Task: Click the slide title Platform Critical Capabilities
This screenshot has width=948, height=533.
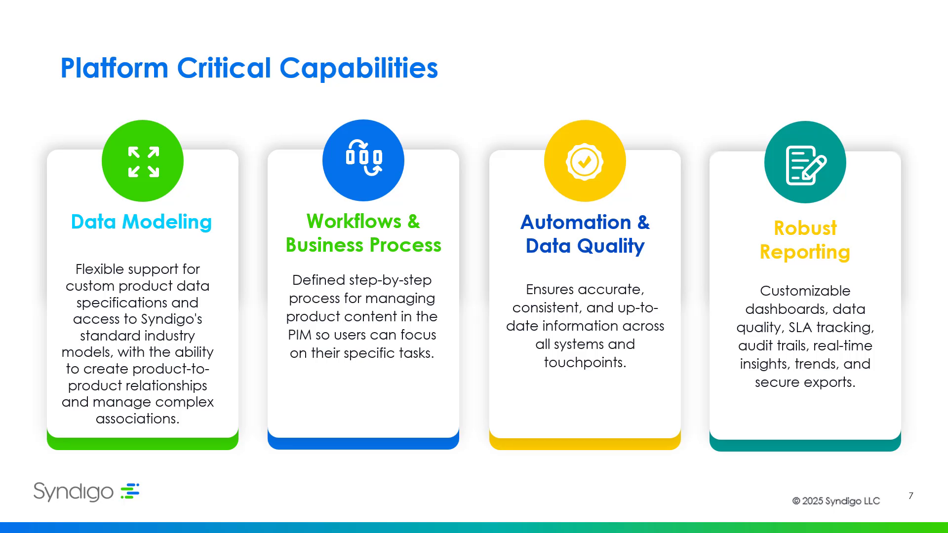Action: pos(249,68)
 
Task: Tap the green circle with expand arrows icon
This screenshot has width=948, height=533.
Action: pos(143,161)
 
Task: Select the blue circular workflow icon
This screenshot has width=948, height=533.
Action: pos(363,160)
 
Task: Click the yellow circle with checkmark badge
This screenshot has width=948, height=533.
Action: pos(585,161)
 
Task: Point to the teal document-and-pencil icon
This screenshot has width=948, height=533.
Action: pos(805,162)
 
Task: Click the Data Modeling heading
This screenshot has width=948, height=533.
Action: pos(141,222)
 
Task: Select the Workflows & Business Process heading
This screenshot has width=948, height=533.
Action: pos(363,233)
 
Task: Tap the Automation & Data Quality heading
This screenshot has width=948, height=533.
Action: pos(585,234)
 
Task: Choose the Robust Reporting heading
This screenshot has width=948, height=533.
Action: pos(805,240)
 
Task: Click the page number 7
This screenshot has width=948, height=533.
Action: pos(911,495)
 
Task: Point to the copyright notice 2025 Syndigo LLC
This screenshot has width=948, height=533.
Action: pos(836,501)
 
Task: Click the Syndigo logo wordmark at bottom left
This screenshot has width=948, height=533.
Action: pos(74,492)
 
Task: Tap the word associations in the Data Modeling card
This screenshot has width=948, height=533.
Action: pos(137,419)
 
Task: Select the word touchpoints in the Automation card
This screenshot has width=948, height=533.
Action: pos(585,363)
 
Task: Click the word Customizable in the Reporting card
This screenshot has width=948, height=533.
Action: pos(805,291)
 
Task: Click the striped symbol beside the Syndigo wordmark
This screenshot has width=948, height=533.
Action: pos(130,491)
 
